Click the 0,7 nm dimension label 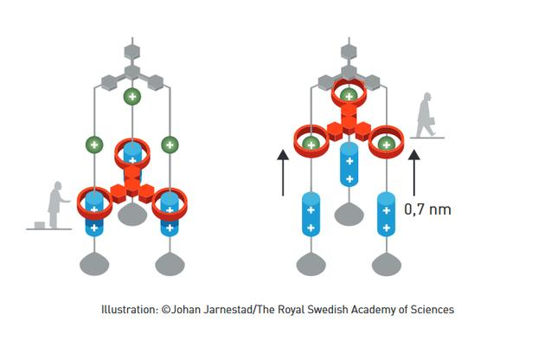427,209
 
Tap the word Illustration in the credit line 130,309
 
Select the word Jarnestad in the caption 227,309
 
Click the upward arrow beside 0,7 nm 414,172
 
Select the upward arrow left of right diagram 283,172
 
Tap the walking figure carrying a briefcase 426,115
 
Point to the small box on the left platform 40,225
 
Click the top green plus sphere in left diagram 132,96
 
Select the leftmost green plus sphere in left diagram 94,145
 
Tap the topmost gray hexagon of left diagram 132,52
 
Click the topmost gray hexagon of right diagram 349,52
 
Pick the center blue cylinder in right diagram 349,164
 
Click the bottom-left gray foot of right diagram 311,264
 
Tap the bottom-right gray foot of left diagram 170,264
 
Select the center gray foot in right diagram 349,214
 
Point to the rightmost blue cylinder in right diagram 386,215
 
